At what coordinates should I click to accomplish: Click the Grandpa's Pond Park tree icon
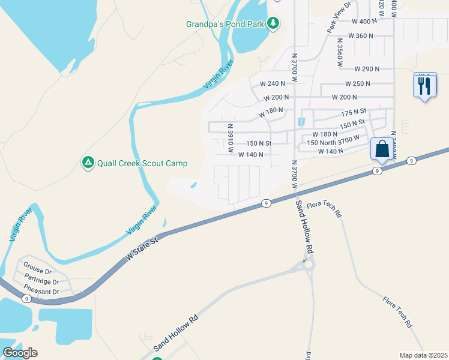274,23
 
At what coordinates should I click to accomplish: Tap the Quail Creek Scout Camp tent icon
88,163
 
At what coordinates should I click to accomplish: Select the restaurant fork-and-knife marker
425,85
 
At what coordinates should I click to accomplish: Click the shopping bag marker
382,149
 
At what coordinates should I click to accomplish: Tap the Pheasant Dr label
41,292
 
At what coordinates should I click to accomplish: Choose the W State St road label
141,248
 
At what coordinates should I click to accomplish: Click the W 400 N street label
364,21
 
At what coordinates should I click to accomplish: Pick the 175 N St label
354,113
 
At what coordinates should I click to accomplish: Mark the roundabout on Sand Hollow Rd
309,264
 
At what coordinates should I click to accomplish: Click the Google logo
20,353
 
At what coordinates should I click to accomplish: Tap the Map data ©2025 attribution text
423,355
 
